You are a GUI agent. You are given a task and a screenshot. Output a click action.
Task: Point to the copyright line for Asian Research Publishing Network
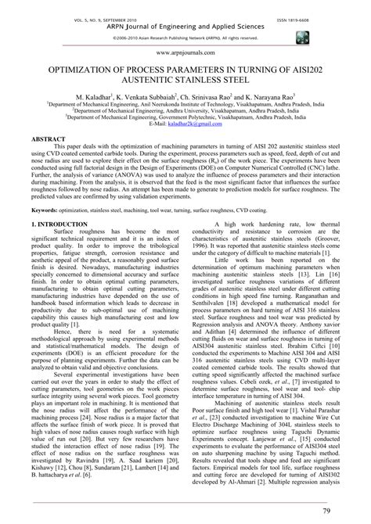185,37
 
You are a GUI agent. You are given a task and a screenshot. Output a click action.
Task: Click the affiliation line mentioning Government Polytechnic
185,118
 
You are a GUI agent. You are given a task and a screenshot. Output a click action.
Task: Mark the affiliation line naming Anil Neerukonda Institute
185,104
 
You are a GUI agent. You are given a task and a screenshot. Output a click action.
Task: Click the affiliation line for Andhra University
185,111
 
